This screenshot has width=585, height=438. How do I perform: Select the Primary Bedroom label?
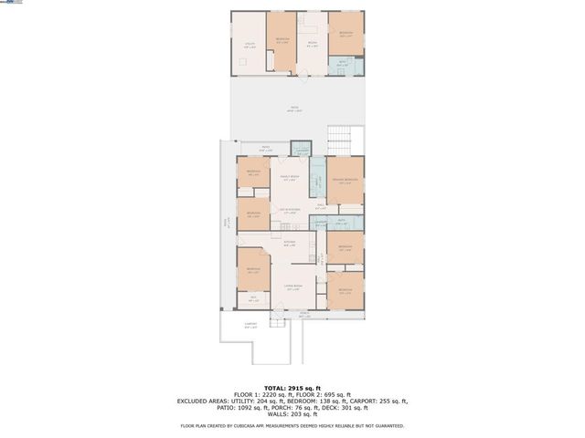(x=346, y=181)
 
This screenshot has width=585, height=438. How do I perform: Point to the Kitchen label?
(x=289, y=243)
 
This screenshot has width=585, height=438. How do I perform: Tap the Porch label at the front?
(x=292, y=313)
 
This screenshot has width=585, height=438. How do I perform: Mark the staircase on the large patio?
(x=340, y=142)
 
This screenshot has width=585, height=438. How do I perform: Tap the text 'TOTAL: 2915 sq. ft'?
(x=292, y=387)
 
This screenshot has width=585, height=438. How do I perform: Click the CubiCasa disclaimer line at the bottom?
(x=292, y=425)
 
